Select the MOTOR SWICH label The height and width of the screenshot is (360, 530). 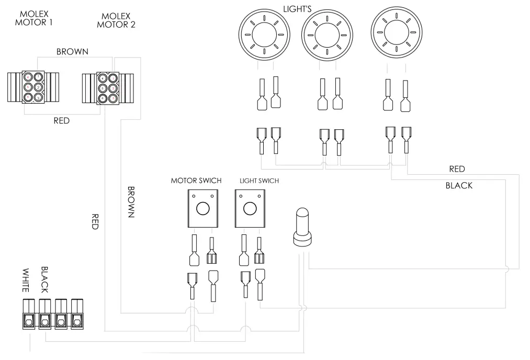[196, 181]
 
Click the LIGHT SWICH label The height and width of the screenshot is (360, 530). [259, 181]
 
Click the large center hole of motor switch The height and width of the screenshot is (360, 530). [202, 209]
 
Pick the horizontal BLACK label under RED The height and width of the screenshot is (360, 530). [458, 186]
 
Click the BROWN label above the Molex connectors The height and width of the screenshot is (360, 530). [72, 52]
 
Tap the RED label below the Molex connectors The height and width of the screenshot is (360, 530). [62, 121]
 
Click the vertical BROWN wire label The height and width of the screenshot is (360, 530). [131, 202]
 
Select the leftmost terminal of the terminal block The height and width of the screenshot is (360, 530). [28, 314]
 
